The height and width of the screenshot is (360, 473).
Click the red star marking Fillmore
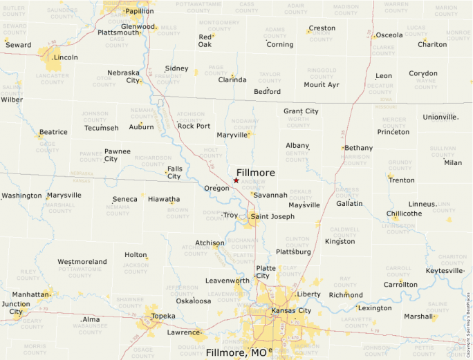236,180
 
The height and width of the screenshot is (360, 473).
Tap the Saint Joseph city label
272,216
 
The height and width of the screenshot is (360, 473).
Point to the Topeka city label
163,316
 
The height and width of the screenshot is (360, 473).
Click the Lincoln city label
66,57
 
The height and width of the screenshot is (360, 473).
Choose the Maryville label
232,135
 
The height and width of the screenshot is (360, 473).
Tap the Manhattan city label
30,294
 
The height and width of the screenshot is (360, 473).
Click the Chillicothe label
404,214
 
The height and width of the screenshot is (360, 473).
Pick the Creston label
322,28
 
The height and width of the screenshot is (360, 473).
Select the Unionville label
440,117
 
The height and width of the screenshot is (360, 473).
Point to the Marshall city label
418,316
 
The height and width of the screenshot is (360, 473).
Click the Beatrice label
53,132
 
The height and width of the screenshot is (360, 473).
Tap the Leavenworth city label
228,281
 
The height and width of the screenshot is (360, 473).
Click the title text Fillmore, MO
236,353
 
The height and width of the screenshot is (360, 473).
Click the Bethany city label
358,148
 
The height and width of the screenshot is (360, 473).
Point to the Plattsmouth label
118,32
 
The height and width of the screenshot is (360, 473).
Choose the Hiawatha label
164,199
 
